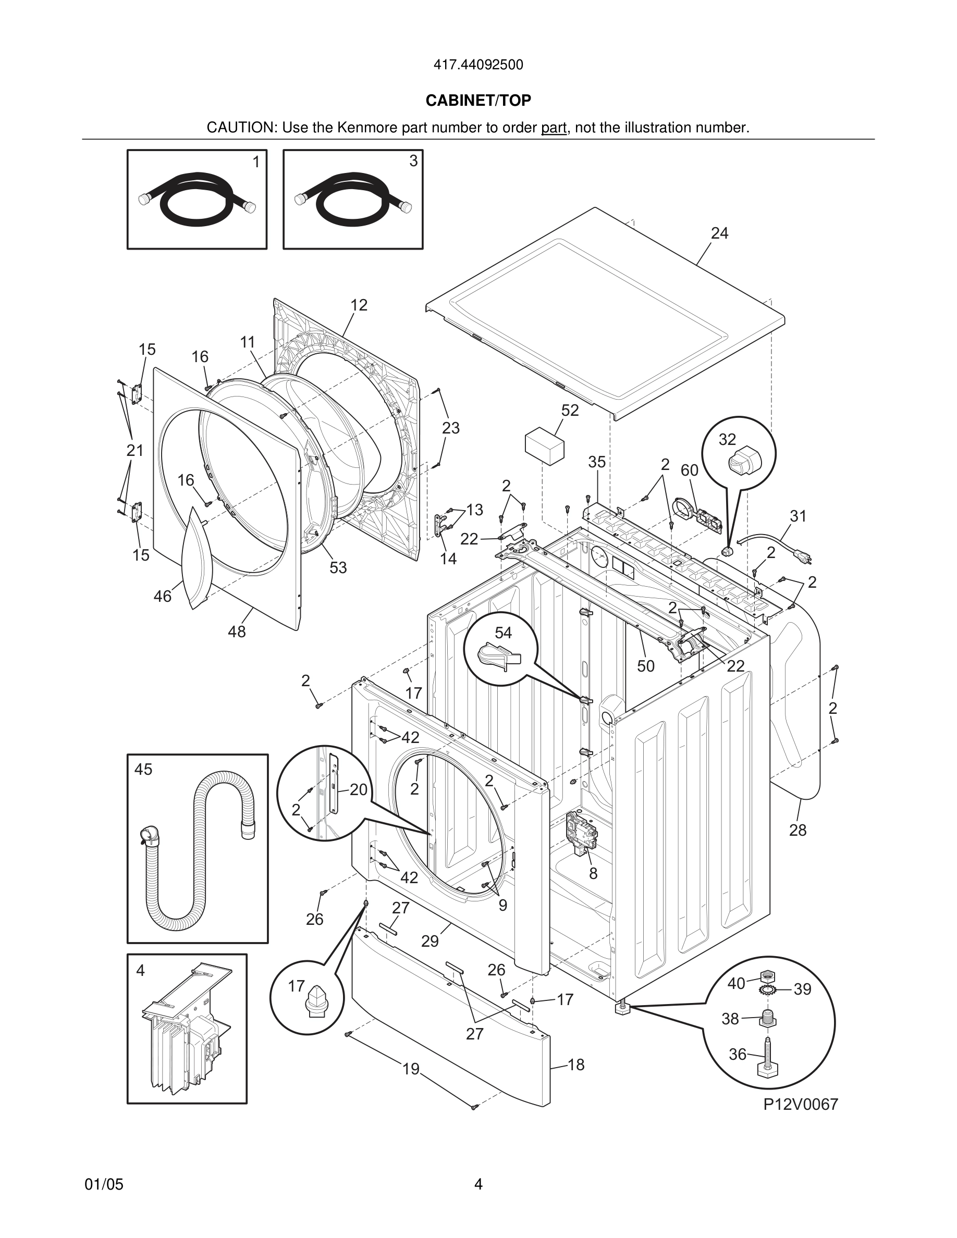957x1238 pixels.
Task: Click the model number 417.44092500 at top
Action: pyautogui.click(x=478, y=65)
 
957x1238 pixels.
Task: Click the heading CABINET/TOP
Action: pyautogui.click(x=478, y=101)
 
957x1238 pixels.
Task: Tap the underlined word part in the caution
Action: pyautogui.click(x=554, y=128)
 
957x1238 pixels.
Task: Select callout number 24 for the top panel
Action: pyautogui.click(x=719, y=233)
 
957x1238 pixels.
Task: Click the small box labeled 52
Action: pyautogui.click(x=545, y=447)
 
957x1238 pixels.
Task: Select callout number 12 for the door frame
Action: pyautogui.click(x=359, y=305)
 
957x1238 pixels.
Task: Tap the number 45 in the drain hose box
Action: pyautogui.click(x=143, y=769)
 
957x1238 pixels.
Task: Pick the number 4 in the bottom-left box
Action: pyautogui.click(x=141, y=971)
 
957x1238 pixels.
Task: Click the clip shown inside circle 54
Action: pyautogui.click(x=498, y=656)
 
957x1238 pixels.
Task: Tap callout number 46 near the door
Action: pyautogui.click(x=163, y=596)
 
